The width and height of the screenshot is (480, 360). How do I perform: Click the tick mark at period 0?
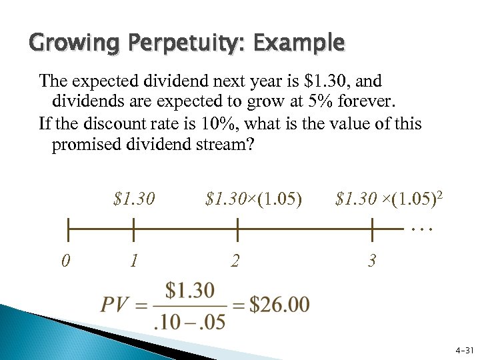pyautogui.click(x=67, y=229)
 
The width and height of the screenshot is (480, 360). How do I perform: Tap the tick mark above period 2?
pyautogui.click(x=238, y=229)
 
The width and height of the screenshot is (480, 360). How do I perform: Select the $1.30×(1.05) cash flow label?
pyautogui.click(x=254, y=199)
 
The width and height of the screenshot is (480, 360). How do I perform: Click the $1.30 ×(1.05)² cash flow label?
pyautogui.click(x=390, y=199)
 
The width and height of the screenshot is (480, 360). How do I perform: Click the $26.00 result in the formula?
pyautogui.click(x=280, y=305)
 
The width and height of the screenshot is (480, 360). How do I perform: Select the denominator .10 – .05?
pyautogui.click(x=189, y=321)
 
